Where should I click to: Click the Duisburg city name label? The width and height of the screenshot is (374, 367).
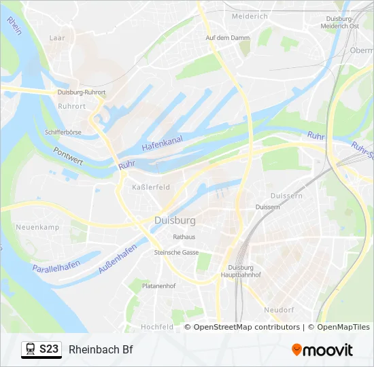pos(175,221)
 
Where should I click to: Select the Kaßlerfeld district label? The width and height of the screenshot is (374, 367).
pos(151,187)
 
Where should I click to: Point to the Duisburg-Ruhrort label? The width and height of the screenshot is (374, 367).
pos(82,92)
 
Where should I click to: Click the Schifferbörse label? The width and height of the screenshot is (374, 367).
pos(63,132)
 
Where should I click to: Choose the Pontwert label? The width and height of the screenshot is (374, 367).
pos(68,157)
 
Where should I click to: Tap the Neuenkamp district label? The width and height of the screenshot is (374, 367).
pos(37,227)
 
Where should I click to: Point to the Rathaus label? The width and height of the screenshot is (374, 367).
pos(184,237)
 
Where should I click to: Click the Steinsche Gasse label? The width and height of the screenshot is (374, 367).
pos(176,252)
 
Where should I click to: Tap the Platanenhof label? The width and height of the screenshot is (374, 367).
pos(158,286)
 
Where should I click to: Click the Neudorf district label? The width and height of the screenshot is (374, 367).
pos(279,309)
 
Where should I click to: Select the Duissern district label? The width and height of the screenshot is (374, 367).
pos(267,207)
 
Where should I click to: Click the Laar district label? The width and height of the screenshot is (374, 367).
pos(57,39)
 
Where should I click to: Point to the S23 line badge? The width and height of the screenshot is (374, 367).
pos(41,349)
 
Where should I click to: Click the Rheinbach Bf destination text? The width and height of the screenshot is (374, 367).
pos(101,349)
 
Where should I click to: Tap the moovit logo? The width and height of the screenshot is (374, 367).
pos(322,350)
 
